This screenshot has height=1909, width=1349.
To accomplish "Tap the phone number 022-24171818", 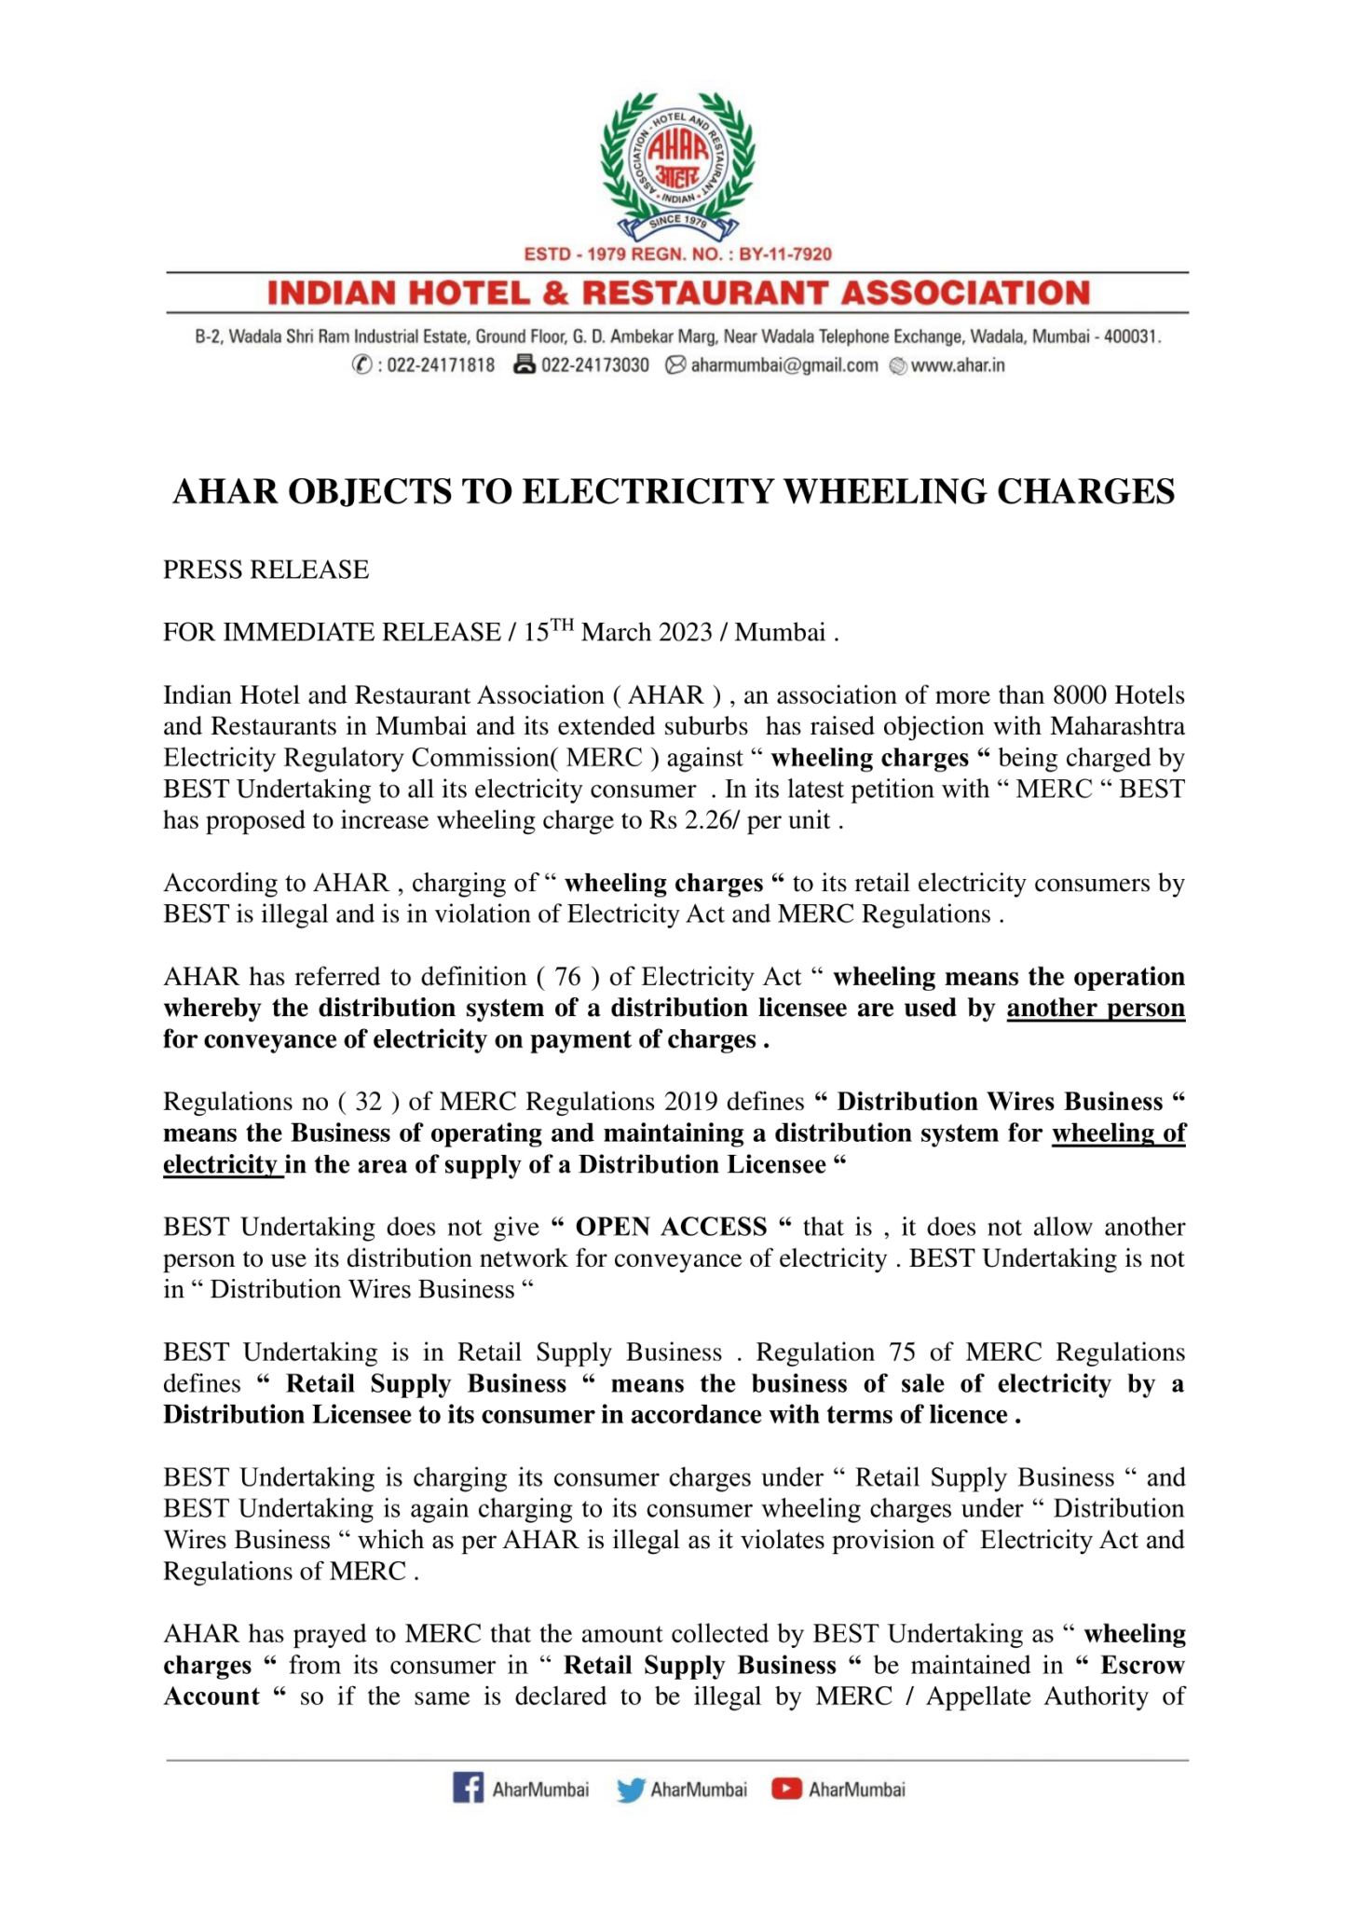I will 441,365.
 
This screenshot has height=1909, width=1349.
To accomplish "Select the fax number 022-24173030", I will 594,365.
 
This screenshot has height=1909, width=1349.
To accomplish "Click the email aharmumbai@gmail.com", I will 784,365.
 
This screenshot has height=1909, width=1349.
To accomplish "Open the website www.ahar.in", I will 957,365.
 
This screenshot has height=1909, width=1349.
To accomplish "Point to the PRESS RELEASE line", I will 266,570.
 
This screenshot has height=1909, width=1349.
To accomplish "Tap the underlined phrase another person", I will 1095,1009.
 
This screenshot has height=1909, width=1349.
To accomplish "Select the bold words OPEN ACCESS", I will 671,1227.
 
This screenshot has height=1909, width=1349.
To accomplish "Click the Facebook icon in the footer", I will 469,1789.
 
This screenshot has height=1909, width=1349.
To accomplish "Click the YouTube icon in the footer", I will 786,1789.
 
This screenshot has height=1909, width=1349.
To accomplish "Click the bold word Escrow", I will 1142,1665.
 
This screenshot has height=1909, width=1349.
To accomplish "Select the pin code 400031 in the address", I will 1130,336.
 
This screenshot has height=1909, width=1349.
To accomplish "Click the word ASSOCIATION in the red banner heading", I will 965,294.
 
